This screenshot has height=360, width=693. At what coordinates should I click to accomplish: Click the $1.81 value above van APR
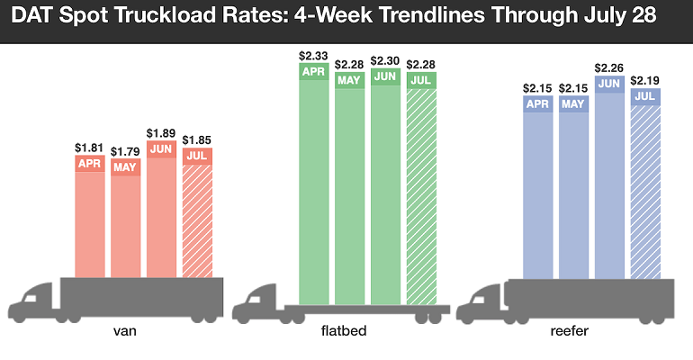89,147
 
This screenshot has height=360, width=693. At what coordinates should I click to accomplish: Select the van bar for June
161,216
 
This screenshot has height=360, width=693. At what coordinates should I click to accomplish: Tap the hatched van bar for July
197,220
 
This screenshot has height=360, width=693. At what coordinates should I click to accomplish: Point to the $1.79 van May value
125,151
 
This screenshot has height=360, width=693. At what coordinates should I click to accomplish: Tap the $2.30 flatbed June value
385,60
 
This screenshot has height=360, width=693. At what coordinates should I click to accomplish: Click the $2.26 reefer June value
609,66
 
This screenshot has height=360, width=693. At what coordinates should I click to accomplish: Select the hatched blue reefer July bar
645,193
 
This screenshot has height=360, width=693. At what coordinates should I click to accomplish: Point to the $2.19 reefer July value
645,81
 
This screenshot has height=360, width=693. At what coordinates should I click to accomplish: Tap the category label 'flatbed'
345,332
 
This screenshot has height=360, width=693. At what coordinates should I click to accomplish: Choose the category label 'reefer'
569,332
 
